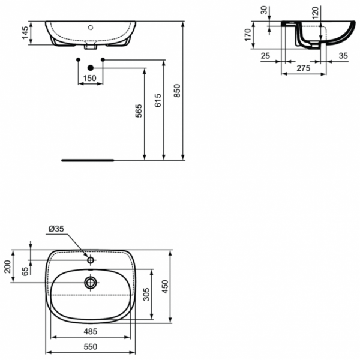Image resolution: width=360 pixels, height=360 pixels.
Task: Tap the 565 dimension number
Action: pos(139,111)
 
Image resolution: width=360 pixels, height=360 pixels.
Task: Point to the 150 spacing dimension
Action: pos(89,78)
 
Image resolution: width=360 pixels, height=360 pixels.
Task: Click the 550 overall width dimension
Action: pos(90,347)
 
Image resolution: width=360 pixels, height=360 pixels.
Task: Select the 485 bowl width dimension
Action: pos(90,331)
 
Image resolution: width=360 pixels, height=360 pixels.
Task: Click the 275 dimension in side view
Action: pos(304,69)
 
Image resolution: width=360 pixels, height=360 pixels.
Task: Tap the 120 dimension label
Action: pos(314,11)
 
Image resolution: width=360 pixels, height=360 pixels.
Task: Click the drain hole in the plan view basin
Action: pos(91,281)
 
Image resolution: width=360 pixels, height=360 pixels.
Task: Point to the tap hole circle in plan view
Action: pos(91,260)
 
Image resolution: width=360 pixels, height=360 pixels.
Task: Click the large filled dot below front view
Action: pos(91,68)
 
